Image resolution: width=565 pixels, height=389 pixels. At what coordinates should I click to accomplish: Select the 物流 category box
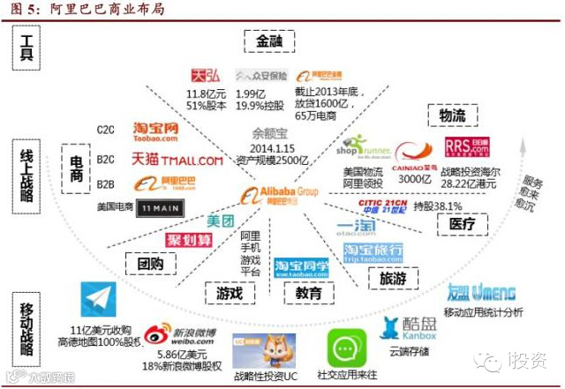pos(447,116)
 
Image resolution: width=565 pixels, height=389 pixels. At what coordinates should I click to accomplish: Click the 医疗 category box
pos(463,224)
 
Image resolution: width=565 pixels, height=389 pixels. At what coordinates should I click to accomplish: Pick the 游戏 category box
pos(224,292)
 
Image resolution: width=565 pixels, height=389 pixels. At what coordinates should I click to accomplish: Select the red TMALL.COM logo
pos(177,161)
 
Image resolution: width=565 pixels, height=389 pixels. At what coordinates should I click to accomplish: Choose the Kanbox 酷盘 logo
pos(409,327)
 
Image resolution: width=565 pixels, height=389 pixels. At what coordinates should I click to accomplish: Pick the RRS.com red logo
pos(463,147)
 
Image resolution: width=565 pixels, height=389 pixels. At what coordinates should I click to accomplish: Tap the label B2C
pos(106,160)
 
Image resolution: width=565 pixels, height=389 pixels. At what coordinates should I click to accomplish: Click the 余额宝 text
pos(269,135)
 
